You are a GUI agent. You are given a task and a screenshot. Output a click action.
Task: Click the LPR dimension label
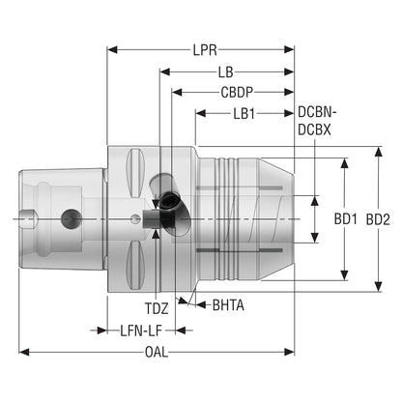click(x=205, y=50)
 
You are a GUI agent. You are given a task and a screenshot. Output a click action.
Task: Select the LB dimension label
click(x=225, y=72)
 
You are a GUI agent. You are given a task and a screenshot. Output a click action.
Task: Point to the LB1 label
click(x=244, y=113)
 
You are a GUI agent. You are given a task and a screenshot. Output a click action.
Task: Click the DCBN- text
click(x=317, y=112)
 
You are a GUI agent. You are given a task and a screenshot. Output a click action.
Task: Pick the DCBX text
click(x=314, y=129)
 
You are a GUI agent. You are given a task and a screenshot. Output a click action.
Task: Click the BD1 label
click(x=345, y=219)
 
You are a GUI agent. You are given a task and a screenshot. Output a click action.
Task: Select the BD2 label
click(x=378, y=219)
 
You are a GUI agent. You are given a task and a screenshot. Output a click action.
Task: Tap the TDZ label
click(x=157, y=308)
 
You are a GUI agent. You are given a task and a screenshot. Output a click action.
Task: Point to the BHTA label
click(x=228, y=305)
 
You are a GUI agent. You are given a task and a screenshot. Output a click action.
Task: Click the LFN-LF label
click(x=141, y=330)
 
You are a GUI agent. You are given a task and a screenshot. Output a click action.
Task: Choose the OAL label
click(x=157, y=352)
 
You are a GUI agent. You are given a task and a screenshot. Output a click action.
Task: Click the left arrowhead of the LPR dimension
click(x=112, y=49)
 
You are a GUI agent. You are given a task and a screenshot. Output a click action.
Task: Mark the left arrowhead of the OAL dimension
click(x=24, y=352)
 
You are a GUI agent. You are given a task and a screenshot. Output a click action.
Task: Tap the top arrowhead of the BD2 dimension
click(x=379, y=152)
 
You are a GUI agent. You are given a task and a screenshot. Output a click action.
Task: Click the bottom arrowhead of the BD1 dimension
click(x=345, y=275)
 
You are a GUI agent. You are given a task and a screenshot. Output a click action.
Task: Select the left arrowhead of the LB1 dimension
click(x=201, y=113)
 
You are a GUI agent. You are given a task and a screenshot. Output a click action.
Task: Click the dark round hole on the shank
click(x=70, y=218)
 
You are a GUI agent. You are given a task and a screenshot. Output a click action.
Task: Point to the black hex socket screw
click(x=169, y=201)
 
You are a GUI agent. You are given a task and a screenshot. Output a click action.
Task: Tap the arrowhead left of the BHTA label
click(x=202, y=304)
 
